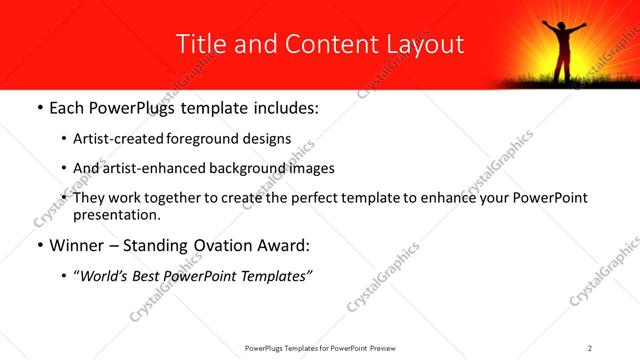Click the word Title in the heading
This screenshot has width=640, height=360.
198,44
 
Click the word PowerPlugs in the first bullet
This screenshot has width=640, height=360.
132,106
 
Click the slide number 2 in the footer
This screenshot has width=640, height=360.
590,348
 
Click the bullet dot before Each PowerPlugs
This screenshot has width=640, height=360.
39,107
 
